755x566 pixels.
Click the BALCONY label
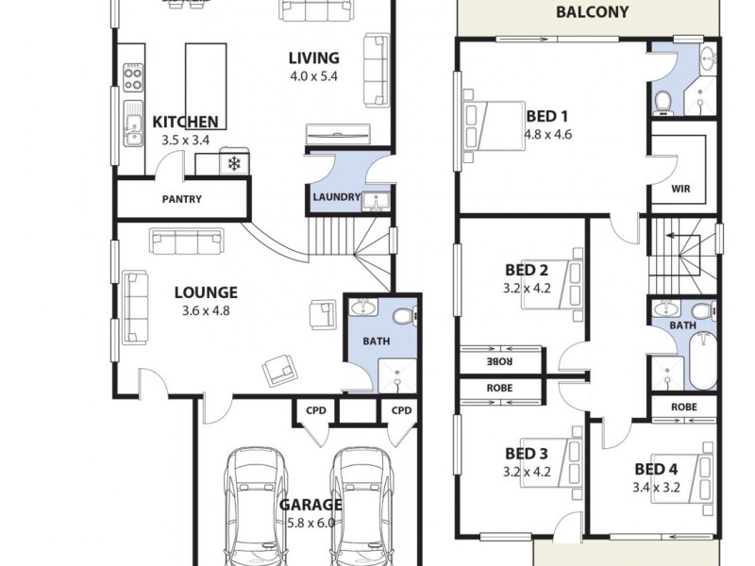[x=592, y=12]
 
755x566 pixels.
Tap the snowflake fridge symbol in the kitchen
[x=233, y=164]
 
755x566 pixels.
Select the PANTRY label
[x=181, y=199]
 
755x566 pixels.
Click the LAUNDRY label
[x=336, y=197]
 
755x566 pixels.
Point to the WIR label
[x=680, y=189]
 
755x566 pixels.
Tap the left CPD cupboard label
[x=314, y=410]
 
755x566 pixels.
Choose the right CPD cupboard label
[x=401, y=410]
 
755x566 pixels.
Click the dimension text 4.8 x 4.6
[x=548, y=134]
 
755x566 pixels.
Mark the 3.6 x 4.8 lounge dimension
[x=205, y=310]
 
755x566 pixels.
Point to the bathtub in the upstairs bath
[x=702, y=363]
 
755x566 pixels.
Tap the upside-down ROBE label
[x=499, y=360]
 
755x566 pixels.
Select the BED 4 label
[x=655, y=469]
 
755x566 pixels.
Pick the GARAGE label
[x=310, y=505]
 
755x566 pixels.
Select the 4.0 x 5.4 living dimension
[x=312, y=75]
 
